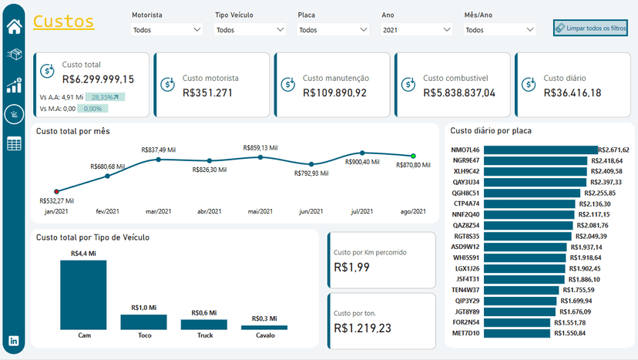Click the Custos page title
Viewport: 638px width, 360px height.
click(64, 22)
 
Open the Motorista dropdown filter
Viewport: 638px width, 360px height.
click(166, 30)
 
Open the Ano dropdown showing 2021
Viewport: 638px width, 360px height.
click(416, 30)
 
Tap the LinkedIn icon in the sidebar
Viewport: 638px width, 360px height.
click(14, 341)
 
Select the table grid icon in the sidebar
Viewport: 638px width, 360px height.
click(14, 143)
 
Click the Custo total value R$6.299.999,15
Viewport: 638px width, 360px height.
click(98, 79)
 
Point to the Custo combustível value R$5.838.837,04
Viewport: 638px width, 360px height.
click(459, 93)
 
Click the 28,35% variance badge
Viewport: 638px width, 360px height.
click(106, 97)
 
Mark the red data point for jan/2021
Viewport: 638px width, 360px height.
click(56, 191)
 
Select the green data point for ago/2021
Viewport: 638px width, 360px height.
click(413, 156)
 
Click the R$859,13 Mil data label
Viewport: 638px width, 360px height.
click(260, 147)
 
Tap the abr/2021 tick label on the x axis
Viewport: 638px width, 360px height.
click(209, 211)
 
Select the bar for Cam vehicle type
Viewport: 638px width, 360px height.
click(83, 294)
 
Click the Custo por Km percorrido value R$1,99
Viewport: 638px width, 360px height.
click(352, 267)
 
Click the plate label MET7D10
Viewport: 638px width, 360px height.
click(465, 334)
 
